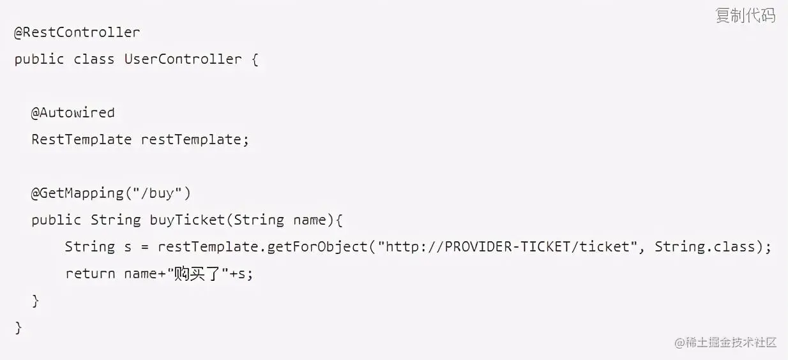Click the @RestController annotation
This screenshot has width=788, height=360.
coord(77,33)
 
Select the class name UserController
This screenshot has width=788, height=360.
coord(183,59)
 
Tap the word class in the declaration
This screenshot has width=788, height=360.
coord(94,59)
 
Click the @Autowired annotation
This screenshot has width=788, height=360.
coord(73,113)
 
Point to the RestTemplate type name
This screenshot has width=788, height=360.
coord(81,140)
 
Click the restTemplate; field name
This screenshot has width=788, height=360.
coord(195,140)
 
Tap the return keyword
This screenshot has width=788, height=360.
coord(90,274)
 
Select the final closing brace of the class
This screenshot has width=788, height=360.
coord(19,328)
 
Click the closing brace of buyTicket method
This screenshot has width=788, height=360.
coord(36,301)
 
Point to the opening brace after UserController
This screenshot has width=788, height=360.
coord(254,59)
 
